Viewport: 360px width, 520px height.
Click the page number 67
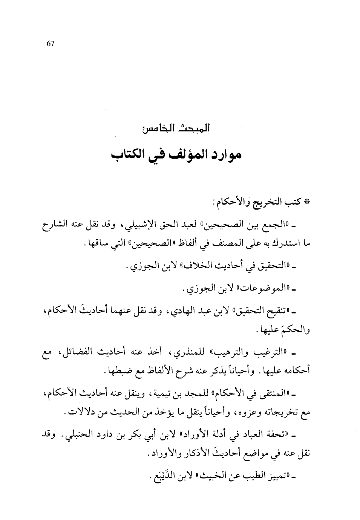[x=51, y=44]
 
